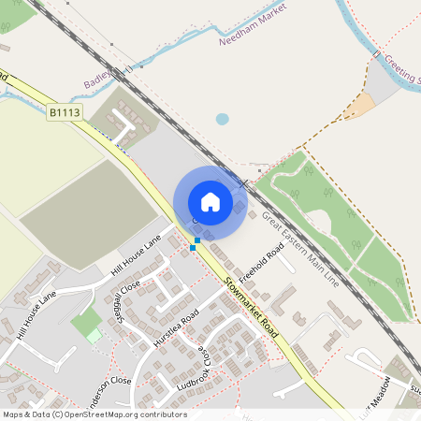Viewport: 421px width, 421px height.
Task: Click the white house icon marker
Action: click(x=210, y=202)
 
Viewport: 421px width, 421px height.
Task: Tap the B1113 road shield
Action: click(x=64, y=112)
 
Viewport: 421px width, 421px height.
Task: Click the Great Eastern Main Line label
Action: click(x=298, y=247)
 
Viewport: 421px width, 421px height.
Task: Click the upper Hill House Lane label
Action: click(x=137, y=254)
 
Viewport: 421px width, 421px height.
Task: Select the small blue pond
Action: click(x=222, y=119)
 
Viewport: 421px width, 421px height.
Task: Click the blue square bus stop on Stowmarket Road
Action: click(x=194, y=246)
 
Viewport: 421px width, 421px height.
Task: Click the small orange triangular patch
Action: click(x=358, y=108)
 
